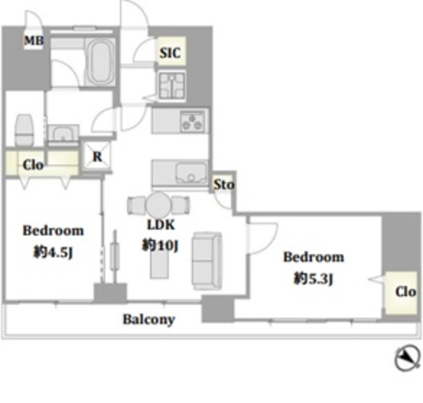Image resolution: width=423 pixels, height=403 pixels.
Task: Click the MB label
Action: [34, 41]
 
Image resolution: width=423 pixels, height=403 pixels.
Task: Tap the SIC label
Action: [170, 53]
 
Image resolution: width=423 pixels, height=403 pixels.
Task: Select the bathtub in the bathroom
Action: [100, 62]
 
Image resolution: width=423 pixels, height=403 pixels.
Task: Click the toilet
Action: [24, 130]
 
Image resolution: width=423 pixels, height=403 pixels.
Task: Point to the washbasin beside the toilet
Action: [63, 134]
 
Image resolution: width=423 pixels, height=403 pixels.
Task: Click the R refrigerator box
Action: [97, 156]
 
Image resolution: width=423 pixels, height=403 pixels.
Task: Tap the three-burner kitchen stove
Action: [192, 122]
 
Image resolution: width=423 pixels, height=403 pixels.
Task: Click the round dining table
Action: [158, 204]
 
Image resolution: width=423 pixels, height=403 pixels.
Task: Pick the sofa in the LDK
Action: [207, 261]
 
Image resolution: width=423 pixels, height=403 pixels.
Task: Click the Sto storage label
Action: [224, 185]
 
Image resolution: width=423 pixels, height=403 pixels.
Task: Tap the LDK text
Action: [161, 225]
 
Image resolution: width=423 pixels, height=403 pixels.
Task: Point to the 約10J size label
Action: [160, 246]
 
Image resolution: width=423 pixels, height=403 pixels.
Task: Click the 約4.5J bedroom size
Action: [53, 253]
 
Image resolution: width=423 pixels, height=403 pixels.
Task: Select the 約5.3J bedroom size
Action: [313, 278]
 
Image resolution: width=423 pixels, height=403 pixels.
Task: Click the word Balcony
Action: [149, 320]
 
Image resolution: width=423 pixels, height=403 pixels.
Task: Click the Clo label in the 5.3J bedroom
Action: [405, 292]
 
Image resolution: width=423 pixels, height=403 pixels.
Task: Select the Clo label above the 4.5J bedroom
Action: [33, 165]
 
